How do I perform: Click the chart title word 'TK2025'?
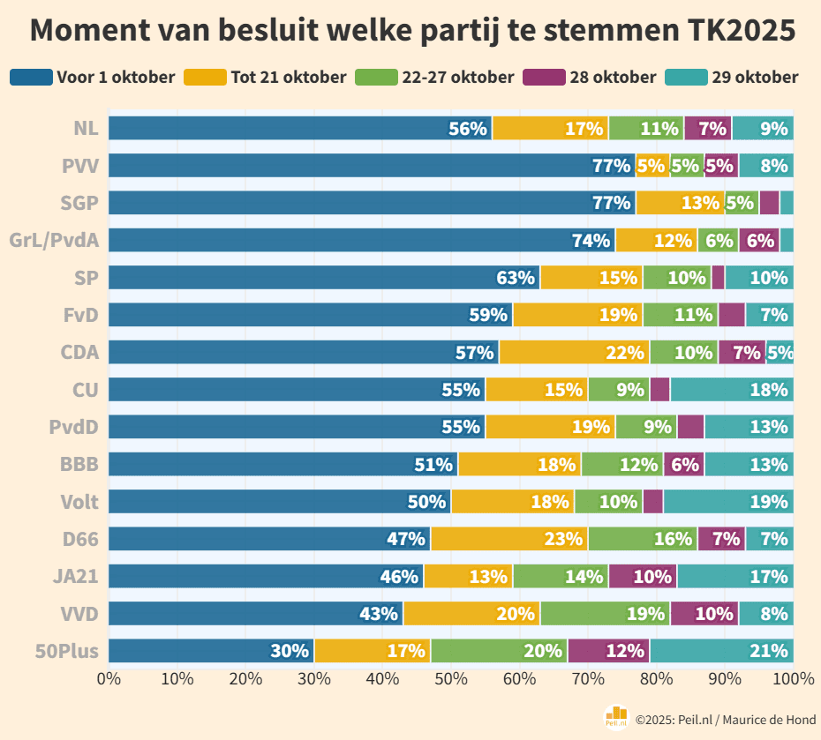pyautogui.click(x=740, y=31)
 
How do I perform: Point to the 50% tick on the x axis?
pyautogui.click(x=451, y=678)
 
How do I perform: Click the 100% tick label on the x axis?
pyautogui.click(x=792, y=678)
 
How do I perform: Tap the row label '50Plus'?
pyautogui.click(x=66, y=651)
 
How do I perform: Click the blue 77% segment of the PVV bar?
pyautogui.click(x=371, y=165)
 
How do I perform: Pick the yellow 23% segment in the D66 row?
pyautogui.click(x=509, y=539)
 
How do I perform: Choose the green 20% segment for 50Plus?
pyautogui.click(x=499, y=651)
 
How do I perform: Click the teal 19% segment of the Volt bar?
pyautogui.click(x=728, y=502)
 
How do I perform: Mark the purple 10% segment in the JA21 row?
pyautogui.click(x=643, y=576)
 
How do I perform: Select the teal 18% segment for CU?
pyautogui.click(x=732, y=389)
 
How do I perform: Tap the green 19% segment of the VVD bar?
pyautogui.click(x=606, y=614)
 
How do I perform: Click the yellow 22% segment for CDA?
pyautogui.click(x=575, y=352)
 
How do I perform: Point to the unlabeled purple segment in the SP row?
pyautogui.click(x=718, y=277)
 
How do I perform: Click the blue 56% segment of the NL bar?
pyautogui.click(x=300, y=128)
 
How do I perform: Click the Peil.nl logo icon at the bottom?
pyautogui.click(x=615, y=718)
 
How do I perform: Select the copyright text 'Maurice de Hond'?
pyautogui.click(x=768, y=720)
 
